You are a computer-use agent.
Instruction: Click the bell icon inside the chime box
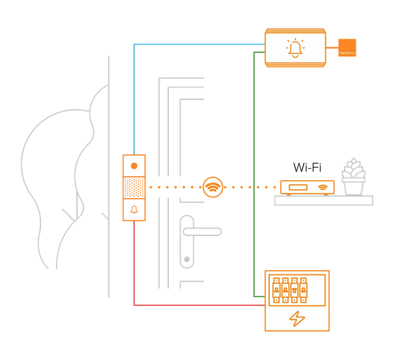295,48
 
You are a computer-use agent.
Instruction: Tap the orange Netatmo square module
347,48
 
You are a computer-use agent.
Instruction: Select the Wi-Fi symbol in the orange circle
213,186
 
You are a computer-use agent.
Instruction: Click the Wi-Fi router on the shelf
307,187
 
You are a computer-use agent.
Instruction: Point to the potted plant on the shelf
353,178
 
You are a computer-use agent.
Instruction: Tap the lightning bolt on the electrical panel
297,318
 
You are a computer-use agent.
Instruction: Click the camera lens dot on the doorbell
134,166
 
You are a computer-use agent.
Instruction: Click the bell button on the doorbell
134,210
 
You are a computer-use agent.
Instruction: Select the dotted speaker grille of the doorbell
134,187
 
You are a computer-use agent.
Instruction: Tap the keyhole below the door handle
186,258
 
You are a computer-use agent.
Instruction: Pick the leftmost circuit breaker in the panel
276,289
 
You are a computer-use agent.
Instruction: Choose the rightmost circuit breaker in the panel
304,289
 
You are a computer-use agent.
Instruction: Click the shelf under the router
324,200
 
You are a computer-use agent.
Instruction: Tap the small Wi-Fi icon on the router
322,187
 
